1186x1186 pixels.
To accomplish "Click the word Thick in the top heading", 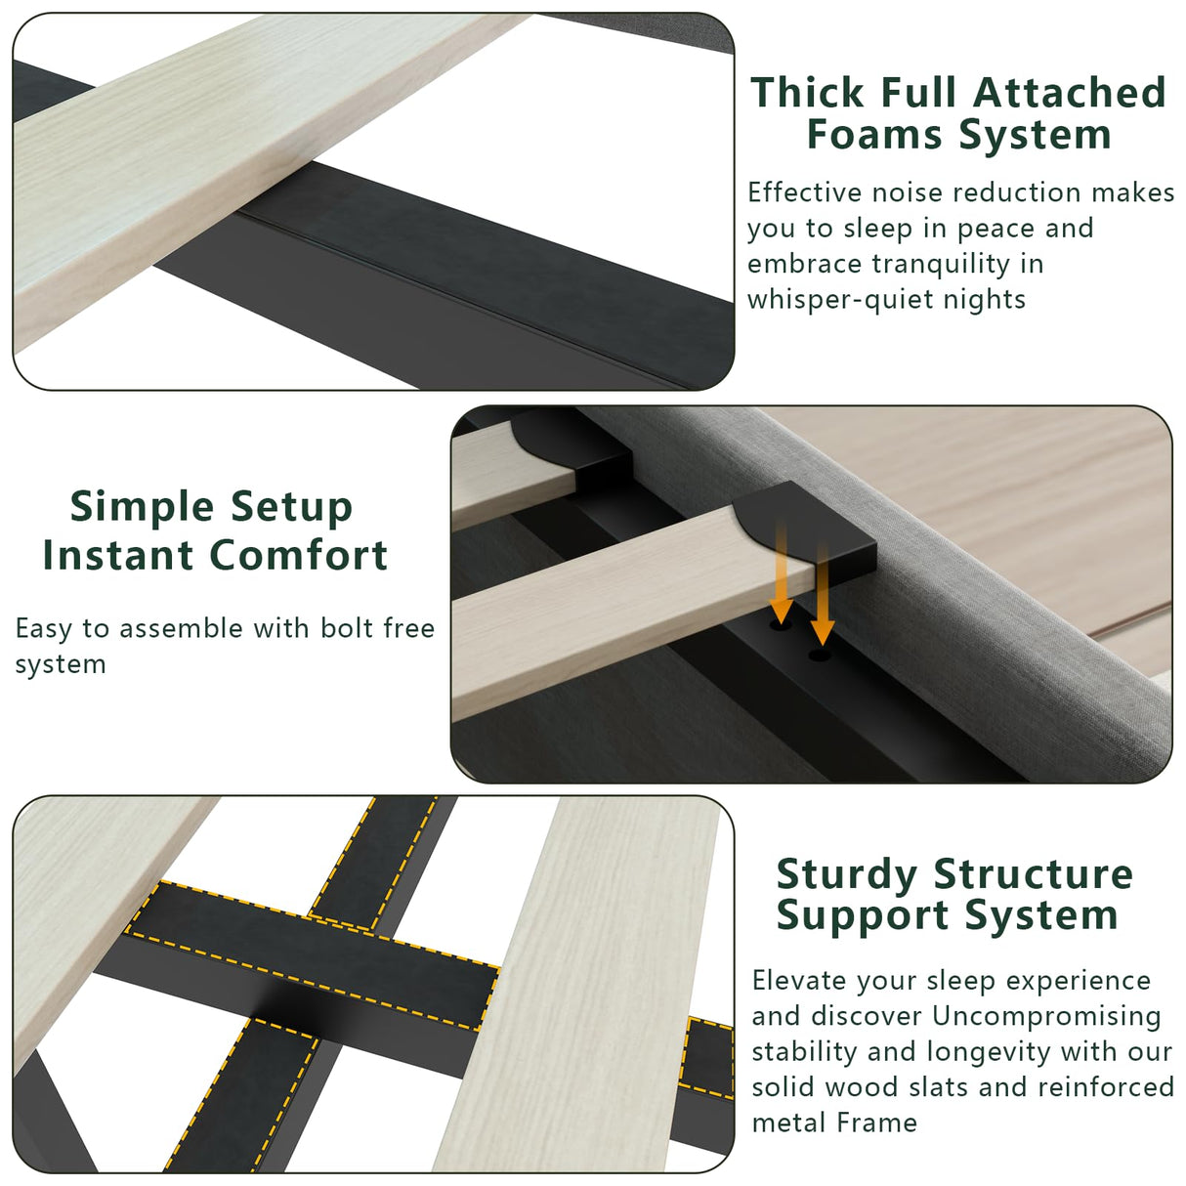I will (x=808, y=93).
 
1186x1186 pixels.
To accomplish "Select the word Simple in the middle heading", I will (x=142, y=507).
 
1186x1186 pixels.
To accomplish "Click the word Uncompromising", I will (x=1046, y=1016).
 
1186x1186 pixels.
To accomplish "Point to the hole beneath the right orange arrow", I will (x=821, y=654).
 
